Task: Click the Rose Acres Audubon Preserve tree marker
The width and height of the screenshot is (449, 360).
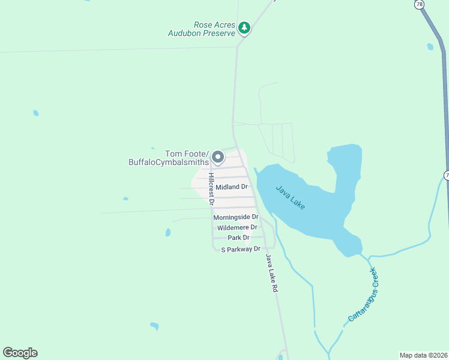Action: click(x=244, y=28)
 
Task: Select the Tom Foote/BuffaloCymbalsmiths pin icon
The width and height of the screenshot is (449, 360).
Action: click(x=218, y=157)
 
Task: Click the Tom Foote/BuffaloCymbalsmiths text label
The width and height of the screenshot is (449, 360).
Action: click(x=169, y=157)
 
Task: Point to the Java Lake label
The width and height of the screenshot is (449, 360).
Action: click(x=291, y=197)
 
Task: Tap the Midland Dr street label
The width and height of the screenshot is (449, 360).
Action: click(x=232, y=187)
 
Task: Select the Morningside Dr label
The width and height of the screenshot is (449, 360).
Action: click(x=235, y=217)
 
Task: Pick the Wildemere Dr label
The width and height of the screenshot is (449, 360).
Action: click(x=237, y=227)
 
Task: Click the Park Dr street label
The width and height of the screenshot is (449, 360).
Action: click(x=238, y=238)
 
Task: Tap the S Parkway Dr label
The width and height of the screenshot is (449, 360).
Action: click(x=241, y=248)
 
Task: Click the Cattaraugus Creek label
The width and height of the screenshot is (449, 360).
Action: click(x=364, y=295)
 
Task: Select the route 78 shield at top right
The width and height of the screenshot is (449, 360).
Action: click(x=419, y=4)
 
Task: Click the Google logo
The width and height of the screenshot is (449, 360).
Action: click(x=20, y=353)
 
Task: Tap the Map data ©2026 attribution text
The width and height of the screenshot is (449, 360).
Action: click(x=423, y=355)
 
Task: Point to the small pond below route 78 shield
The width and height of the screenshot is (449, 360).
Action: click(x=430, y=46)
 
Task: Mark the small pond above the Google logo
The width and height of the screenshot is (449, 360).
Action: click(x=155, y=326)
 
